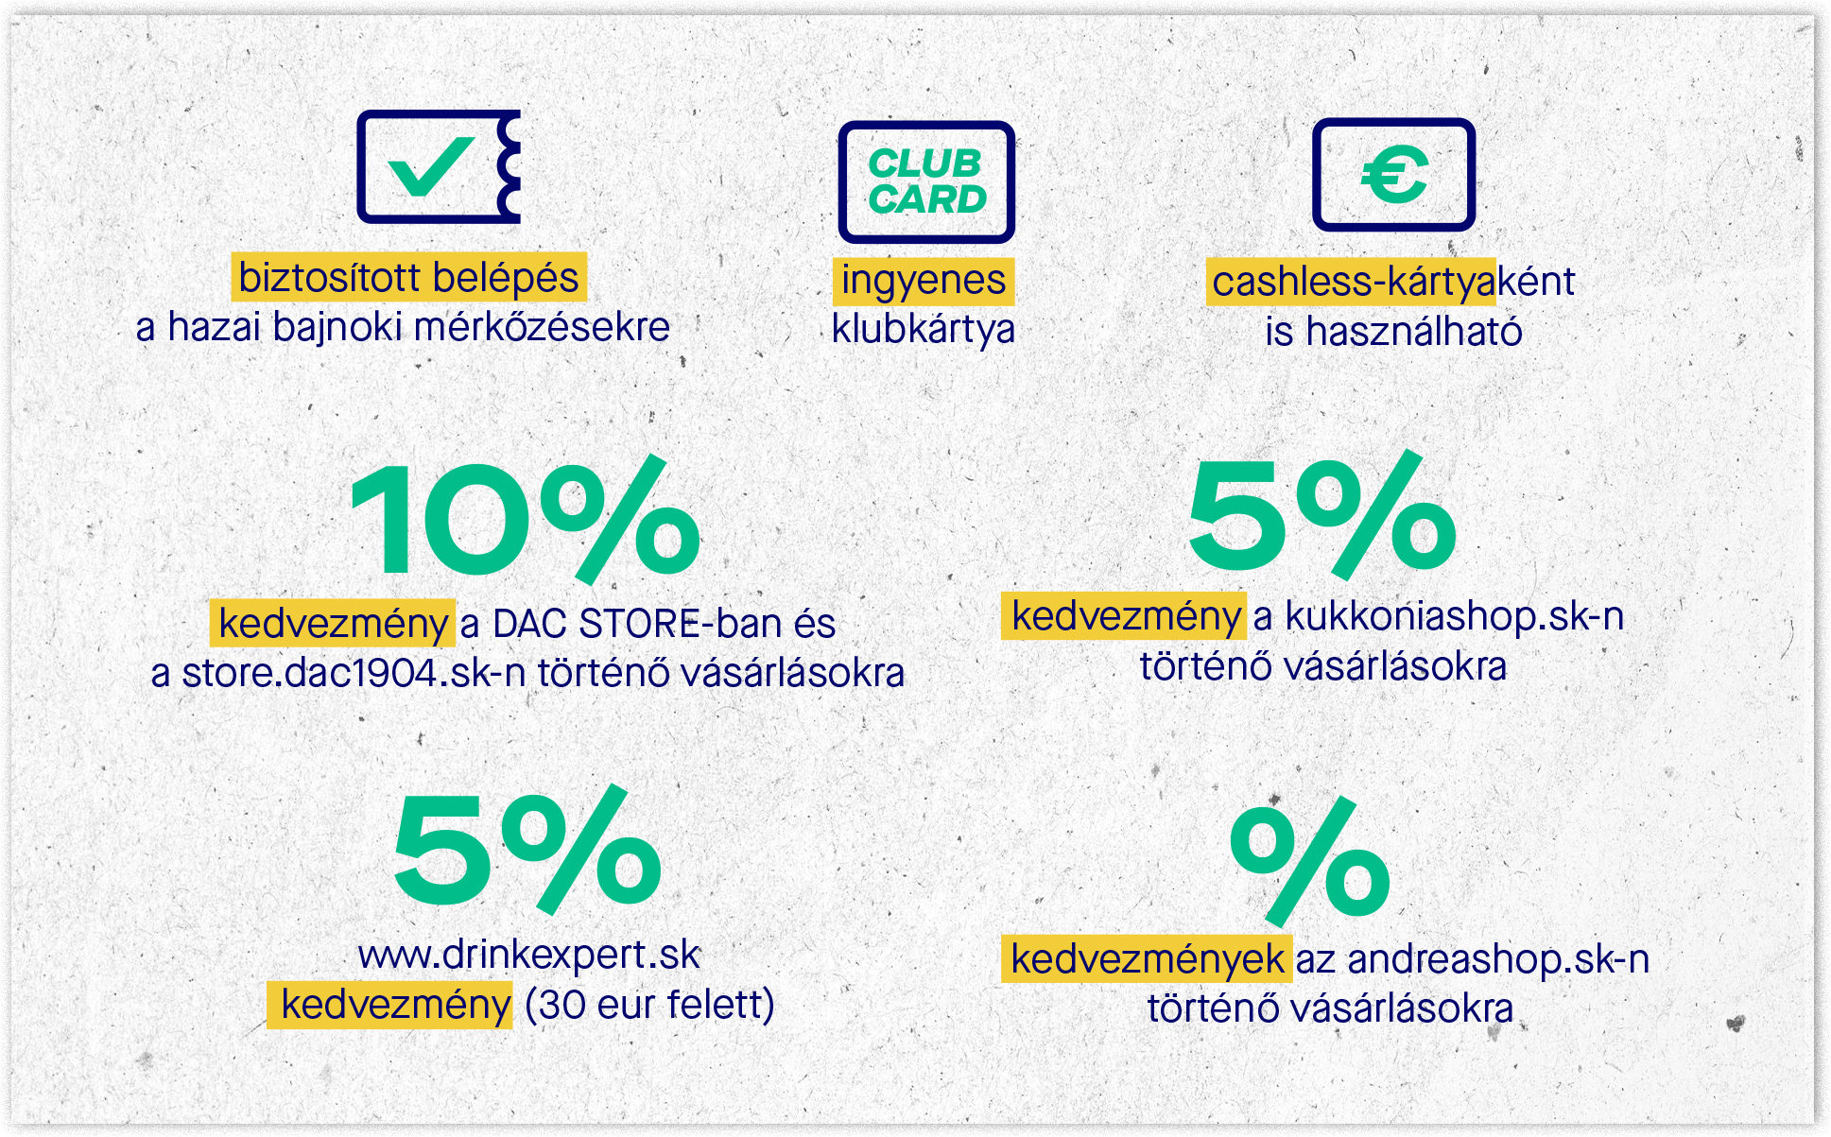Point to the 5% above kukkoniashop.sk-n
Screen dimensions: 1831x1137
coord(1322,515)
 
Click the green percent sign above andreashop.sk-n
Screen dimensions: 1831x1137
coord(1310,861)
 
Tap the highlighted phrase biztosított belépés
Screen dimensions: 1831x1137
coord(408,278)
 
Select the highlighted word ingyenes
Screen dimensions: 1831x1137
coord(924,281)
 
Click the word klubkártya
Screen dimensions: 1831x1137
coord(924,329)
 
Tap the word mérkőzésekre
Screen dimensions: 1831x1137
coord(542,327)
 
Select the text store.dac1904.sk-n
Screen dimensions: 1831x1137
coord(354,673)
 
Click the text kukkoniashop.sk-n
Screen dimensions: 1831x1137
coord(1455,616)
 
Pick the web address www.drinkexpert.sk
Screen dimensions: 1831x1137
coord(529,955)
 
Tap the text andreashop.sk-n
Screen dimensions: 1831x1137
coord(1498,959)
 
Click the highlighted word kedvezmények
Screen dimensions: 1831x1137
coord(1148,959)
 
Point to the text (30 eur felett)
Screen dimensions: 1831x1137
coord(649,1004)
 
